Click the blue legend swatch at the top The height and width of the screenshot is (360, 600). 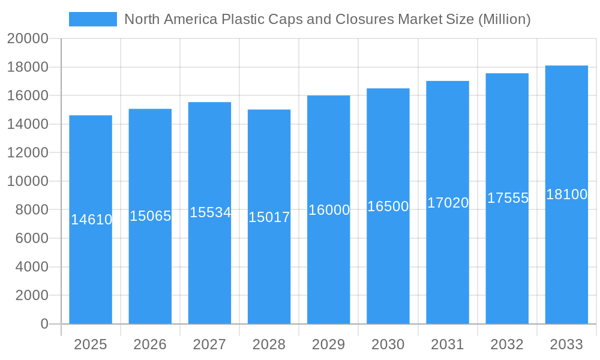tap(93, 19)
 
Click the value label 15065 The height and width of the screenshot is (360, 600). tap(151, 216)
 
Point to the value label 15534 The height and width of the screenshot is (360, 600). tap(210, 212)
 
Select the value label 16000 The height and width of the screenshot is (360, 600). tap(329, 210)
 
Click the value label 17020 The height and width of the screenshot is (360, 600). tap(448, 203)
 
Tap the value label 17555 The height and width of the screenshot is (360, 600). tap(508, 198)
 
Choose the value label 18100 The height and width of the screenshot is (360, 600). tap(566, 194)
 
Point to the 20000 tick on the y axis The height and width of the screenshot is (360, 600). tap(28, 38)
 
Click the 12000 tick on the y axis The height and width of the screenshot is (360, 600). tap(28, 152)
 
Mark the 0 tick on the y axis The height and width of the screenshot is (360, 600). tap(44, 324)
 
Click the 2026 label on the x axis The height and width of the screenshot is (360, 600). tap(150, 344)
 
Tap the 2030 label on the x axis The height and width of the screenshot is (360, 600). tap(388, 344)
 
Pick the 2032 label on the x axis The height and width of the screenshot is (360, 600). tap(507, 344)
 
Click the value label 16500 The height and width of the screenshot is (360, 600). tap(388, 206)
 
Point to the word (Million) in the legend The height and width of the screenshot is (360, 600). tap(504, 19)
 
